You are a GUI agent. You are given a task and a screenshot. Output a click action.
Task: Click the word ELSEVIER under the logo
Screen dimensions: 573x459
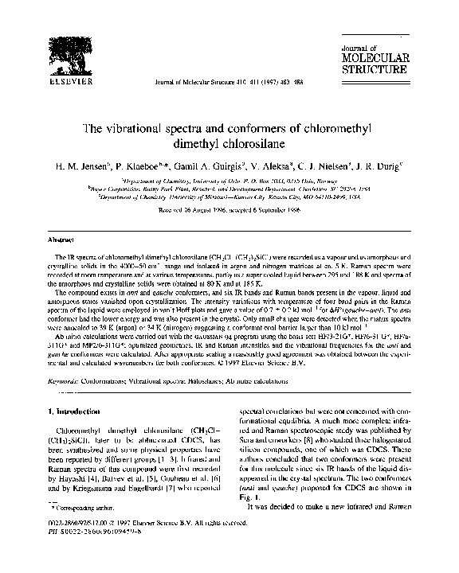coord(62,80)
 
